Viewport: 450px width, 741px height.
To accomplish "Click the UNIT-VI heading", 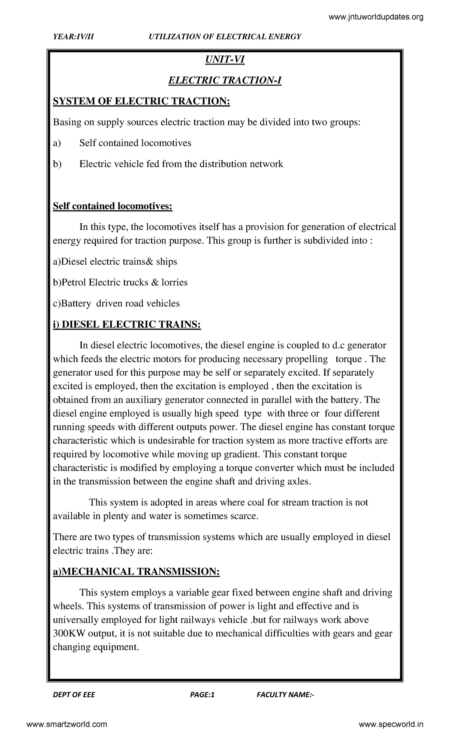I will [x=224, y=60].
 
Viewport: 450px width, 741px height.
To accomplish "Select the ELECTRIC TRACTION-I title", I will [x=224, y=81].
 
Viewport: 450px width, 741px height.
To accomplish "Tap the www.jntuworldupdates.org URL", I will [x=376, y=17].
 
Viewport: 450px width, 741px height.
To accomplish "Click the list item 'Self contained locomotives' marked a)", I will [x=135, y=143].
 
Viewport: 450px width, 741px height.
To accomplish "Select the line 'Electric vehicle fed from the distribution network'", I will [x=181, y=164].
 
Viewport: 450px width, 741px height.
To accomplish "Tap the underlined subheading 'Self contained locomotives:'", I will [x=112, y=206].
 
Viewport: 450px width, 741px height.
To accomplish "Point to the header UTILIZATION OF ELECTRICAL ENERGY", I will [x=225, y=36].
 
